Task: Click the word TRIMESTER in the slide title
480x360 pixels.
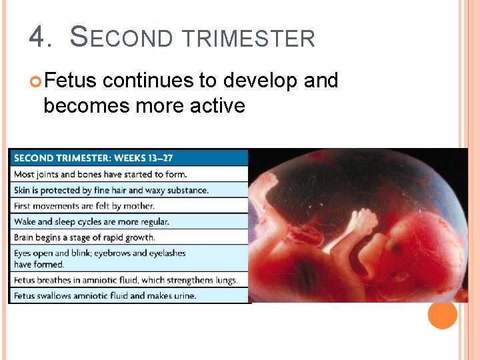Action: pos(248,39)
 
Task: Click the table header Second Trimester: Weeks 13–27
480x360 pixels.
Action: pos(93,158)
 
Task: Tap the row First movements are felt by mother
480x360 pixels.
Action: pos(84,205)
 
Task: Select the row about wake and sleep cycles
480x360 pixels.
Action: pos(91,221)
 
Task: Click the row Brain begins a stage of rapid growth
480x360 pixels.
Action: pos(85,237)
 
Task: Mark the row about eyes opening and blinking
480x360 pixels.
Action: pos(100,259)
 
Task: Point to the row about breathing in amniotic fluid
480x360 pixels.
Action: pos(125,280)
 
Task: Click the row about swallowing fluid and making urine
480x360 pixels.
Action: pos(105,295)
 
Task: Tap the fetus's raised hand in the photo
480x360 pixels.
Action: pos(363,224)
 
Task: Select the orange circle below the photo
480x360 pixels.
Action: pos(443,315)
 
